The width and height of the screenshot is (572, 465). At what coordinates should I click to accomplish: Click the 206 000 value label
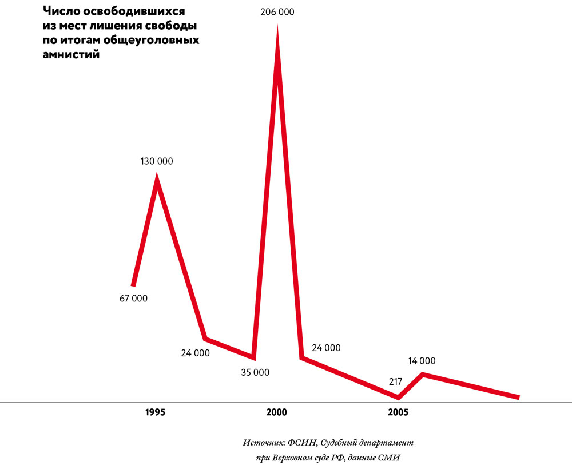277,11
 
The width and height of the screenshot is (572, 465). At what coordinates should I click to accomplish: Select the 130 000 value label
157,161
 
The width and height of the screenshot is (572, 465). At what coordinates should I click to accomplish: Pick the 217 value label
395,381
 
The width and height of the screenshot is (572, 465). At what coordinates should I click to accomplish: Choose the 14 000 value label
422,360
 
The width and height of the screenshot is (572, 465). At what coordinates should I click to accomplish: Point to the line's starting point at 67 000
133,284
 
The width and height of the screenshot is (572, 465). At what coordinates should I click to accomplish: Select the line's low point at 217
398,397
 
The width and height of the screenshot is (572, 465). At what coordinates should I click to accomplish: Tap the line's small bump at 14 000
423,375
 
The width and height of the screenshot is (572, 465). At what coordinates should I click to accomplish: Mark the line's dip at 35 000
253,357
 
